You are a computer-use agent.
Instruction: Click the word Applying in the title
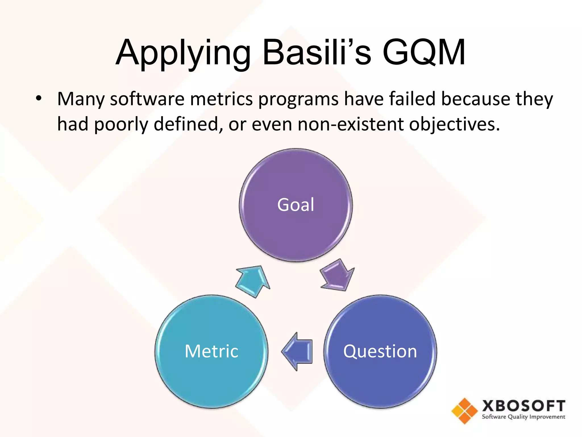(x=183, y=53)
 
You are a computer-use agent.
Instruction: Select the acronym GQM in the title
(x=424, y=53)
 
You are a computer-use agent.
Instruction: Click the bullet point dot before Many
(x=39, y=99)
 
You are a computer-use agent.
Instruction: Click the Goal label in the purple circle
(x=296, y=205)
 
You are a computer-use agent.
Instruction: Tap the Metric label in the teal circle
(x=211, y=351)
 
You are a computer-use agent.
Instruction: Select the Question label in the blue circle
(x=380, y=351)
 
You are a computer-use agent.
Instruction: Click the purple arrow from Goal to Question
(x=337, y=275)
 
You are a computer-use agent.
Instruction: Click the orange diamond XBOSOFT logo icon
(x=464, y=411)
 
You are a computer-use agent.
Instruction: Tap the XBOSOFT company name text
(x=523, y=406)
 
